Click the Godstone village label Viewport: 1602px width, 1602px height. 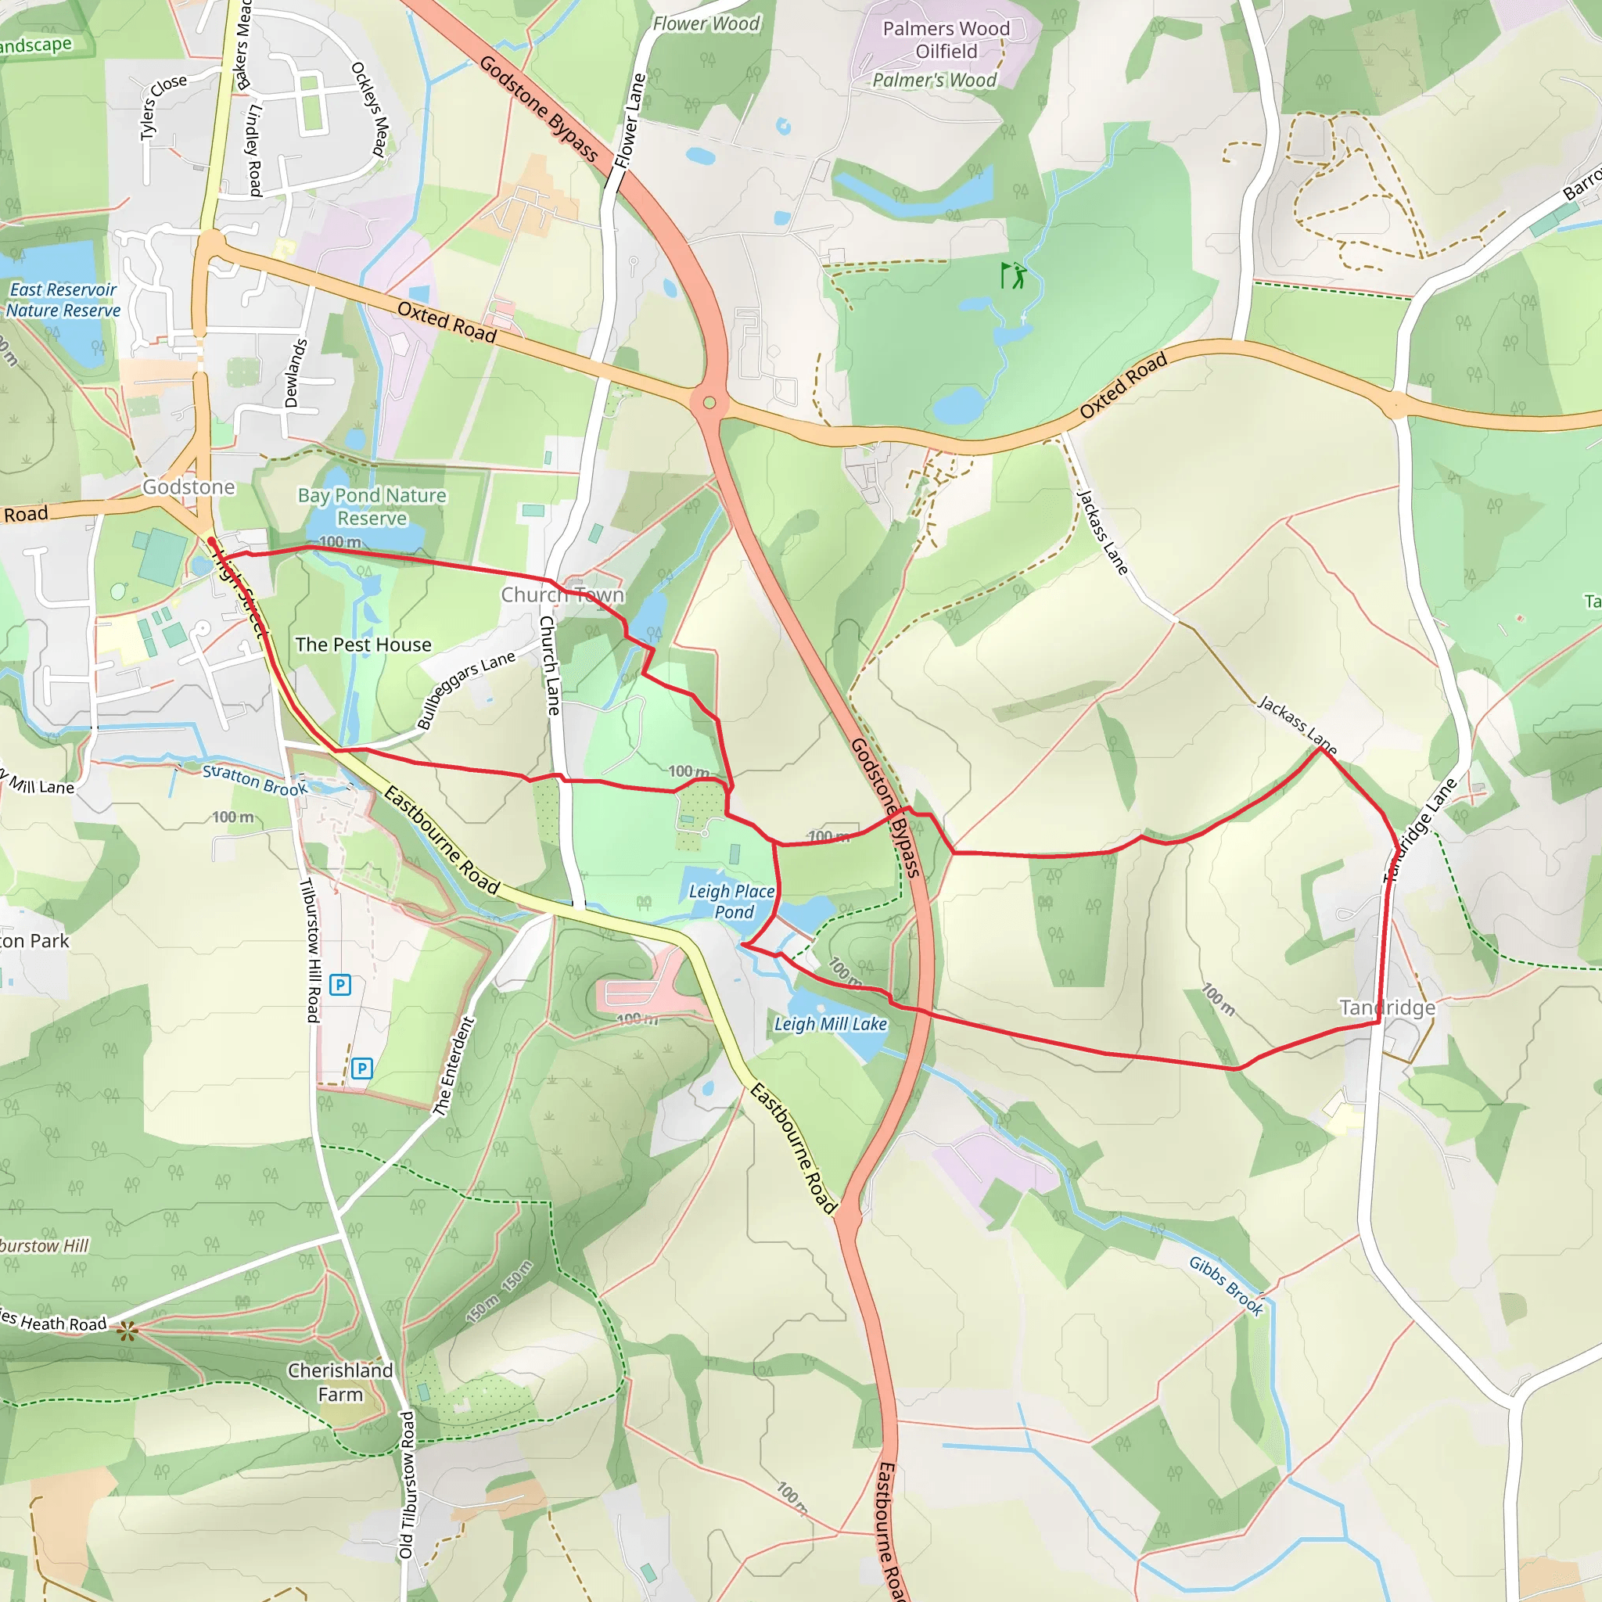(x=189, y=487)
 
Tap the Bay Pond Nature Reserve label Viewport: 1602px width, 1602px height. (x=372, y=507)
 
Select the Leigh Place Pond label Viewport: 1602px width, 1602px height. (x=732, y=901)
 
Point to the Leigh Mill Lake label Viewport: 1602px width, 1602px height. (x=830, y=1024)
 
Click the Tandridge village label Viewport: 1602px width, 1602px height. (x=1387, y=1008)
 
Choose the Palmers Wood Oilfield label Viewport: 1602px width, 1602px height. (x=946, y=40)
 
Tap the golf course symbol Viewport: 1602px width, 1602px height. (x=1013, y=275)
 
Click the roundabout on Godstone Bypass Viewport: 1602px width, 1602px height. (x=709, y=403)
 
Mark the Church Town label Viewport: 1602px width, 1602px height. (x=562, y=594)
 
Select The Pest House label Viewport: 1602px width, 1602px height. (x=363, y=645)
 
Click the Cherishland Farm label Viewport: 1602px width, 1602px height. (x=340, y=1382)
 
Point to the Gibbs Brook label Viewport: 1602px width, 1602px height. (x=1227, y=1286)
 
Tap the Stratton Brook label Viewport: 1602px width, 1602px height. (x=254, y=780)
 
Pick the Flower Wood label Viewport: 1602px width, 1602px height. (x=706, y=24)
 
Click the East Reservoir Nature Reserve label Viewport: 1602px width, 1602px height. (x=63, y=300)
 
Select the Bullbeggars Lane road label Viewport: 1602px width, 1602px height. (x=465, y=689)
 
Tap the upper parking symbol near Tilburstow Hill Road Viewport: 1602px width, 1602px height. (x=340, y=985)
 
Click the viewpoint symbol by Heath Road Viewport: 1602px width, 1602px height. (x=127, y=1332)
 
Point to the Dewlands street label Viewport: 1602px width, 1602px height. (x=295, y=373)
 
